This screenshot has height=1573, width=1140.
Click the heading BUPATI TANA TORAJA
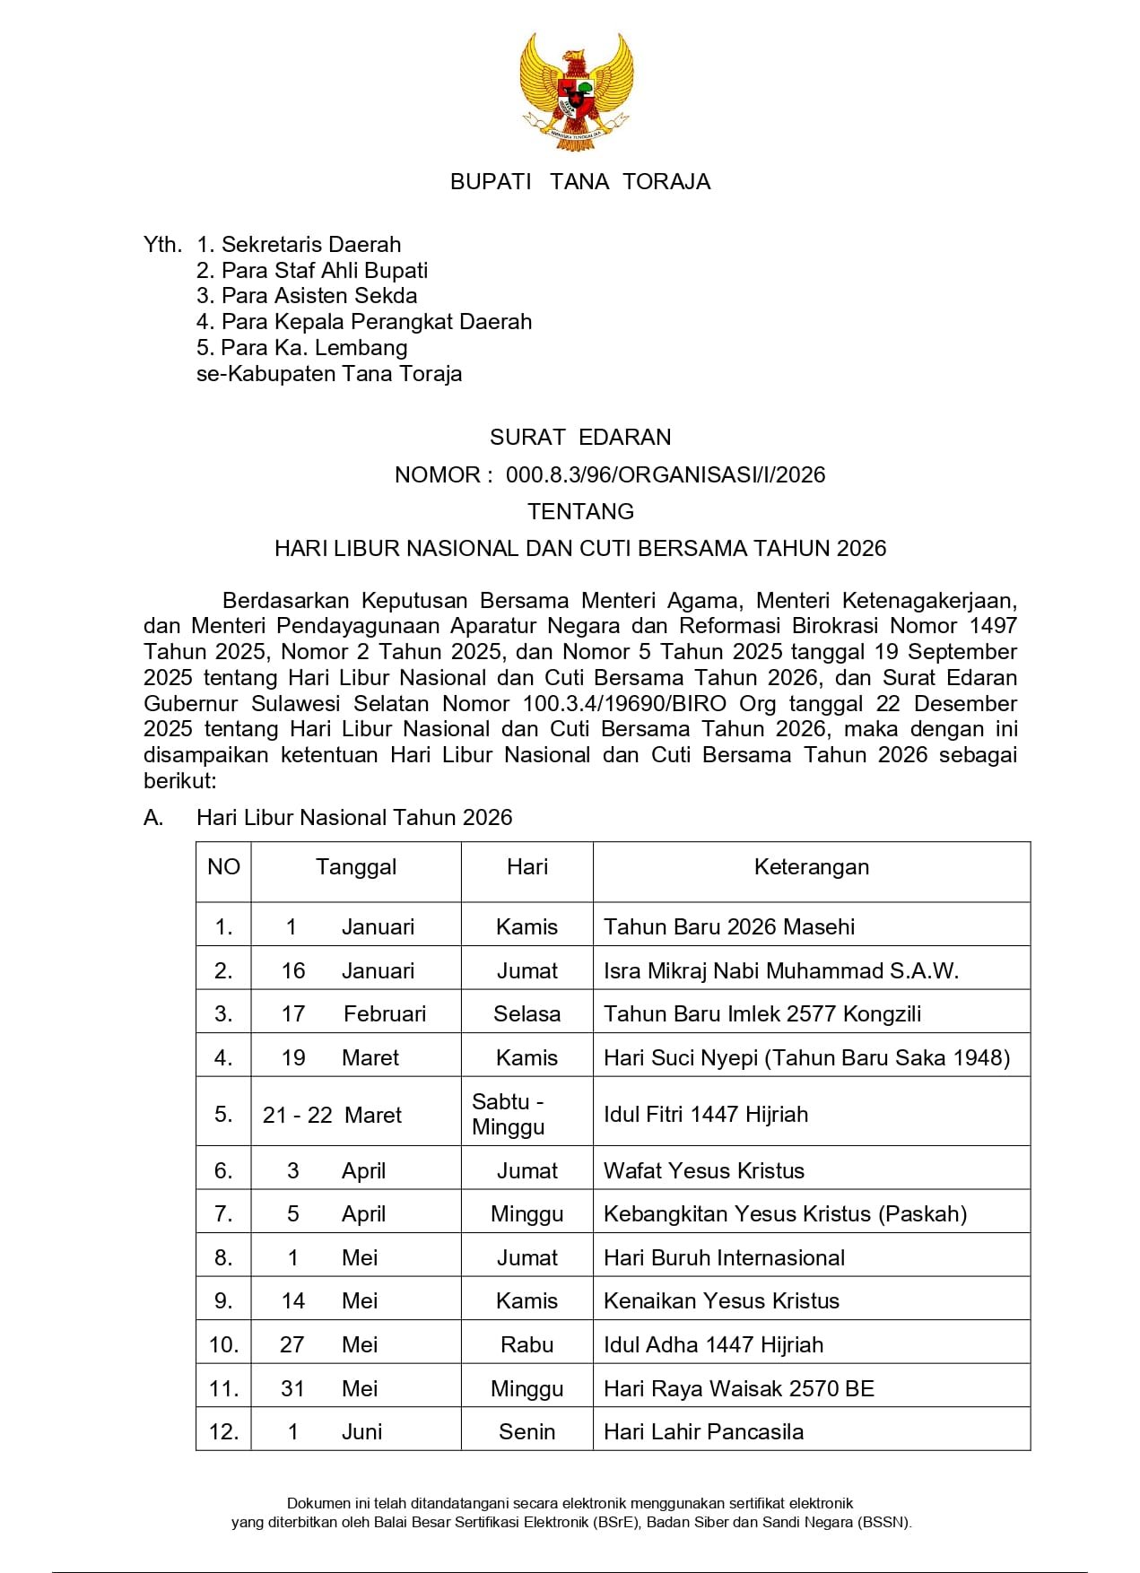580,182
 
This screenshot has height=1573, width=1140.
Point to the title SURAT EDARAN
580,438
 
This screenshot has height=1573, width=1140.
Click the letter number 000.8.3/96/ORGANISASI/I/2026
666,475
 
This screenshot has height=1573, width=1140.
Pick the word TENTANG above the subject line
580,512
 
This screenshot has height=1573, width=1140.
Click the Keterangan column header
812,867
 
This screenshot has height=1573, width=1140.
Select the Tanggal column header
356,867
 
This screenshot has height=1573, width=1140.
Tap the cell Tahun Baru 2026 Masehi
729,927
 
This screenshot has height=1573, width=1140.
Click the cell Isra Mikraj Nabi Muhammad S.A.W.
781,971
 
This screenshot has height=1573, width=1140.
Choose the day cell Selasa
526,1014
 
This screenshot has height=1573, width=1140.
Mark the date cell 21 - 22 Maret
333,1116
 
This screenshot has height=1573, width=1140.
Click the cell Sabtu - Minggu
509,1115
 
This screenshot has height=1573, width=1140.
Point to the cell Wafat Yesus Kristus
704,1171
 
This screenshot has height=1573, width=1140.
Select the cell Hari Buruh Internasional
724,1258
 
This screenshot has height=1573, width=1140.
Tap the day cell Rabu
526,1345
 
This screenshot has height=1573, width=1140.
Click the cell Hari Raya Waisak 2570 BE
739,1389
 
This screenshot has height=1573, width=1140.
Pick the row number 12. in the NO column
223,1432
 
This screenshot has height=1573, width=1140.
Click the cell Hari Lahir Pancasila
703,1432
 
